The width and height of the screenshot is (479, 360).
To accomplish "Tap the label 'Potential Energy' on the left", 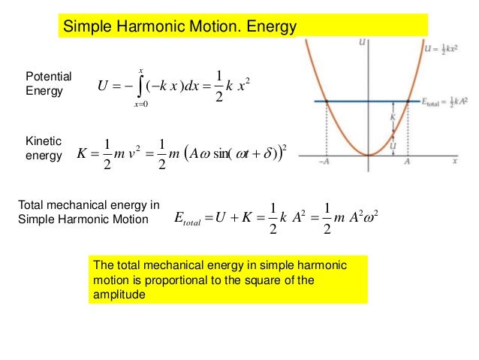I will (48, 83).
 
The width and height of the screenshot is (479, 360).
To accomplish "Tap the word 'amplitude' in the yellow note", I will (117, 295).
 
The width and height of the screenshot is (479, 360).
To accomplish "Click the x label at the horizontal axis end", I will (455, 161).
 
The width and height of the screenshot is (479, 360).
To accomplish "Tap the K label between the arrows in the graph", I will (392, 117).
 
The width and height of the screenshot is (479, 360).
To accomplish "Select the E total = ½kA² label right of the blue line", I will (444, 102).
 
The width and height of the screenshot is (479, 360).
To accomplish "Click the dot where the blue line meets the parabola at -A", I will (327, 101).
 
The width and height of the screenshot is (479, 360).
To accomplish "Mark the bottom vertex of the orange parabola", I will (368, 154).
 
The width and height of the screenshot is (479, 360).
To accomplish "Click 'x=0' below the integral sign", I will (140, 104).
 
